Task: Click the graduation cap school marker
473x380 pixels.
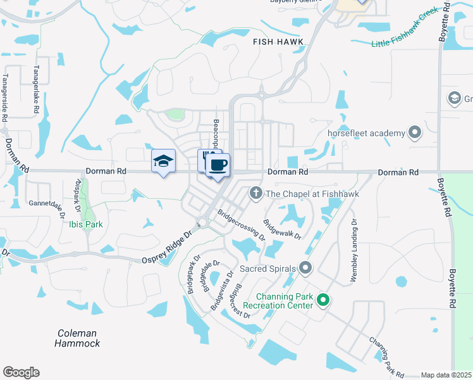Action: [163, 161]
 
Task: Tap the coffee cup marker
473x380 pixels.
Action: [218, 165]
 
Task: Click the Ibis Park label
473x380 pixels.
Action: [87, 224]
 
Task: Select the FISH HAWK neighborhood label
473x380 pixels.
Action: [278, 42]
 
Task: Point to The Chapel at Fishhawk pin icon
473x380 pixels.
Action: [256, 193]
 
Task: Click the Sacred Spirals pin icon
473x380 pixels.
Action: [305, 269]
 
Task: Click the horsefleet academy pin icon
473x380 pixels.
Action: [414, 132]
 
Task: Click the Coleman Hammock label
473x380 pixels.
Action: [77, 338]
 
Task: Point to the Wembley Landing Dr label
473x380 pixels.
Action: [355, 251]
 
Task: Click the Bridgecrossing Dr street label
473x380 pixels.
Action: [241, 225]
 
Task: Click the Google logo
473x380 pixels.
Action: [21, 372]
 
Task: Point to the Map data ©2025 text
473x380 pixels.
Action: [446, 375]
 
